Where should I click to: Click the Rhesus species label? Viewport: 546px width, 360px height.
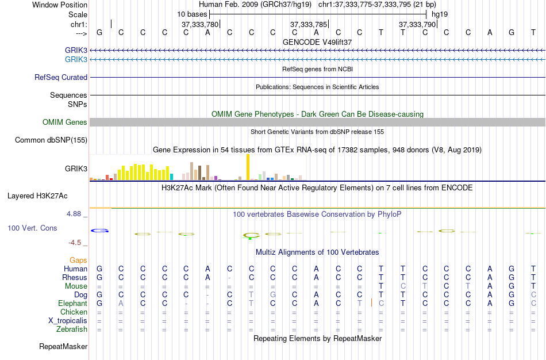click(x=75, y=277)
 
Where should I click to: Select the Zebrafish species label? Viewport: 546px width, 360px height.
click(x=72, y=329)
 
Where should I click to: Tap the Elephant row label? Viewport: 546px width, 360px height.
click(x=73, y=303)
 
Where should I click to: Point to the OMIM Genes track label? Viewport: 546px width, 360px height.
click(x=65, y=122)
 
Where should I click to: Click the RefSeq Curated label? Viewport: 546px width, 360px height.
click(x=61, y=77)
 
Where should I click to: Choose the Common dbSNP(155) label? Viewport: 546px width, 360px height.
click(x=51, y=140)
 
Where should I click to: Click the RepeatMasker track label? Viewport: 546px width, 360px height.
click(x=63, y=346)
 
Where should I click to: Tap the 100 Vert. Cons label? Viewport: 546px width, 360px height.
click(x=32, y=228)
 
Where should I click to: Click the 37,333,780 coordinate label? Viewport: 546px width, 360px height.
click(x=199, y=24)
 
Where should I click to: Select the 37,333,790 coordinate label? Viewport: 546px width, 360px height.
click(x=417, y=24)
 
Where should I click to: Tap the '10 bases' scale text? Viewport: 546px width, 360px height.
click(x=192, y=14)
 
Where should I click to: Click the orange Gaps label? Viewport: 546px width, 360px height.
click(x=78, y=260)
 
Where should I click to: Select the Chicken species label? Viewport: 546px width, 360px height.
click(x=74, y=312)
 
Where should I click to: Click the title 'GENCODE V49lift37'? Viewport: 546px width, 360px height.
click(x=317, y=42)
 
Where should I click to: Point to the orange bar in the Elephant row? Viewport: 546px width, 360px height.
click(x=372, y=302)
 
